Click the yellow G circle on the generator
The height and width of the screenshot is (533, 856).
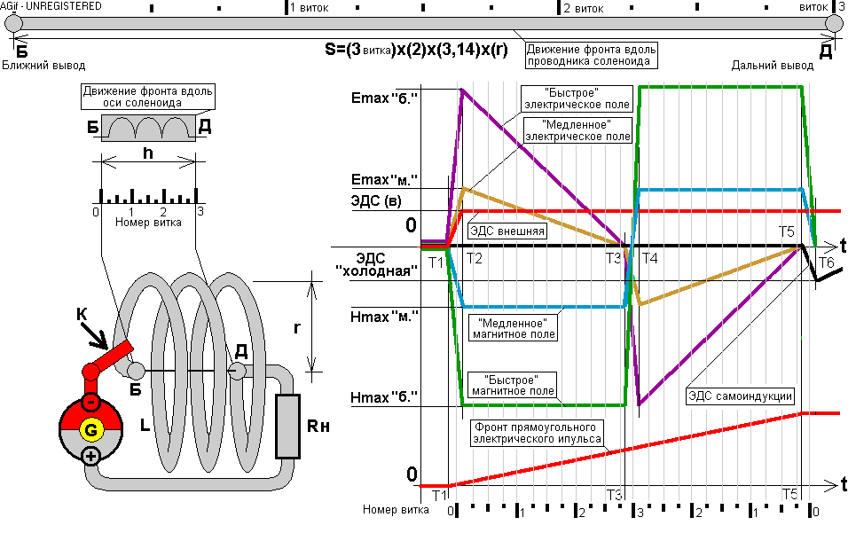click(x=90, y=430)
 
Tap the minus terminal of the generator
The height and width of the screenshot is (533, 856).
click(x=90, y=403)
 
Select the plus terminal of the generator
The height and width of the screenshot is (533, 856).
click(x=90, y=456)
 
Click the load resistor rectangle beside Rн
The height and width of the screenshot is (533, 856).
click(x=287, y=426)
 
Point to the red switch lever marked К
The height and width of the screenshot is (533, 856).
click(x=108, y=360)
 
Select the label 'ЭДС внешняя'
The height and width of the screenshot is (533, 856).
click(x=507, y=231)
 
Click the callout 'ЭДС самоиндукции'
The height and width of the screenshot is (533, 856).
click(x=740, y=396)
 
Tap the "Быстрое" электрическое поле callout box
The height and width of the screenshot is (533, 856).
click(x=577, y=98)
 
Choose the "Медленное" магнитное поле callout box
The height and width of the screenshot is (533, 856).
click(x=514, y=329)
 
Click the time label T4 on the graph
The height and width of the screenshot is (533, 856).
click(x=649, y=258)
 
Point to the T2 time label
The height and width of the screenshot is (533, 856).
click(x=474, y=258)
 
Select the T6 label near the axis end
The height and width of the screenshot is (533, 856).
click(x=827, y=263)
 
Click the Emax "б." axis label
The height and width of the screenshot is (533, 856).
click(x=384, y=98)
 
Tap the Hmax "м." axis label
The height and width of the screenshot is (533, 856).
click(x=384, y=317)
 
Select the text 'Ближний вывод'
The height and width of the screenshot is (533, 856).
click(x=43, y=66)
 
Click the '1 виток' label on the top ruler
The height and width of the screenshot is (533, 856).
click(x=309, y=8)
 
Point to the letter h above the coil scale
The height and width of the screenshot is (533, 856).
click(x=148, y=153)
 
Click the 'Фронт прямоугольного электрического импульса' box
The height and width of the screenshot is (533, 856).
click(x=538, y=433)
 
